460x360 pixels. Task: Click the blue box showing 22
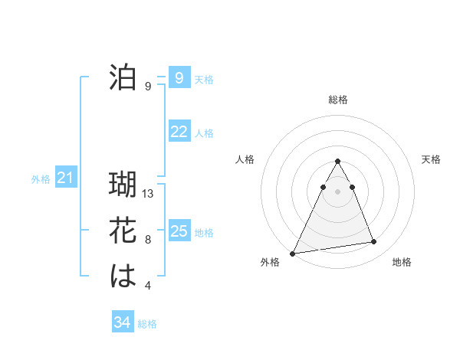(179, 132)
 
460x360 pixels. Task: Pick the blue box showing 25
(179, 231)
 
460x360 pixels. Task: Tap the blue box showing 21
(65, 178)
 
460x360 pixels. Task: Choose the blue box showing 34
(123, 322)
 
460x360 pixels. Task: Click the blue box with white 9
(179, 77)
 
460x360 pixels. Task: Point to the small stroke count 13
(149, 194)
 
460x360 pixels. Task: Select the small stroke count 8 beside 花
(148, 240)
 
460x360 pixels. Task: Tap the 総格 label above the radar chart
(338, 100)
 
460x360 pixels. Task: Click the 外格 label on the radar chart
(270, 262)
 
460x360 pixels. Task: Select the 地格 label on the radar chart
(402, 262)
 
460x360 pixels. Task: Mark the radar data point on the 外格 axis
(292, 253)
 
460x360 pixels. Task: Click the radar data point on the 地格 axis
(374, 242)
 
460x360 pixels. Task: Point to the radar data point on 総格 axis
(337, 161)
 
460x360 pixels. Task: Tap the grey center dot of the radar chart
(337, 191)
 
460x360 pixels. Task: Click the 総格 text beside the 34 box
(147, 324)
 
